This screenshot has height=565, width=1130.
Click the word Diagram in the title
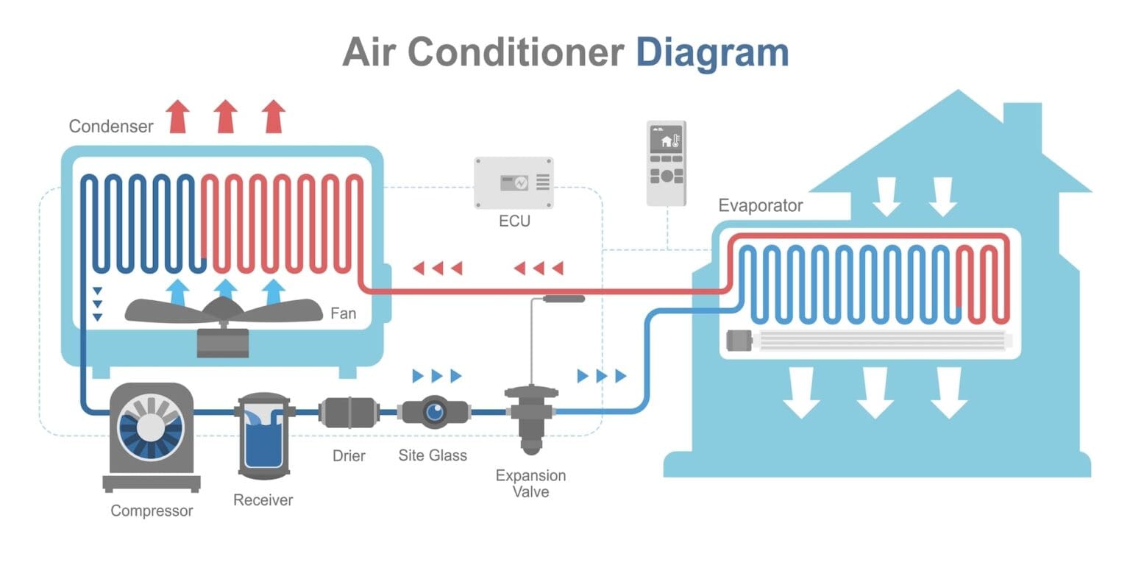(711, 53)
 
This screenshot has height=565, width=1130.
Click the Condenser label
(111, 127)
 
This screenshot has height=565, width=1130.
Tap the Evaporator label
(760, 205)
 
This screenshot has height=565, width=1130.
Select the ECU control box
(514, 182)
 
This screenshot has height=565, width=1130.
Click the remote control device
(666, 163)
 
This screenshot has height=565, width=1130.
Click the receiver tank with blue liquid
(264, 435)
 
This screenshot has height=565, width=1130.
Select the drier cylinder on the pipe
(349, 411)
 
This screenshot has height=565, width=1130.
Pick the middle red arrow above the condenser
(226, 117)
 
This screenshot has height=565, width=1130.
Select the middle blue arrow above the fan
(226, 292)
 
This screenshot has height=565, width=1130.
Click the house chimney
(1023, 121)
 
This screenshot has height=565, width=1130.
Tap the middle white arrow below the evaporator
(875, 392)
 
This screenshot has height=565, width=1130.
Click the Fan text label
(343, 314)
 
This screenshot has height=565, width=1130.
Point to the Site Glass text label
(433, 455)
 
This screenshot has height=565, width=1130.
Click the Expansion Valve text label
(530, 483)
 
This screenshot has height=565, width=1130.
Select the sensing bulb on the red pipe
(563, 299)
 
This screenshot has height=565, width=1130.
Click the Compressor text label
(152, 511)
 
